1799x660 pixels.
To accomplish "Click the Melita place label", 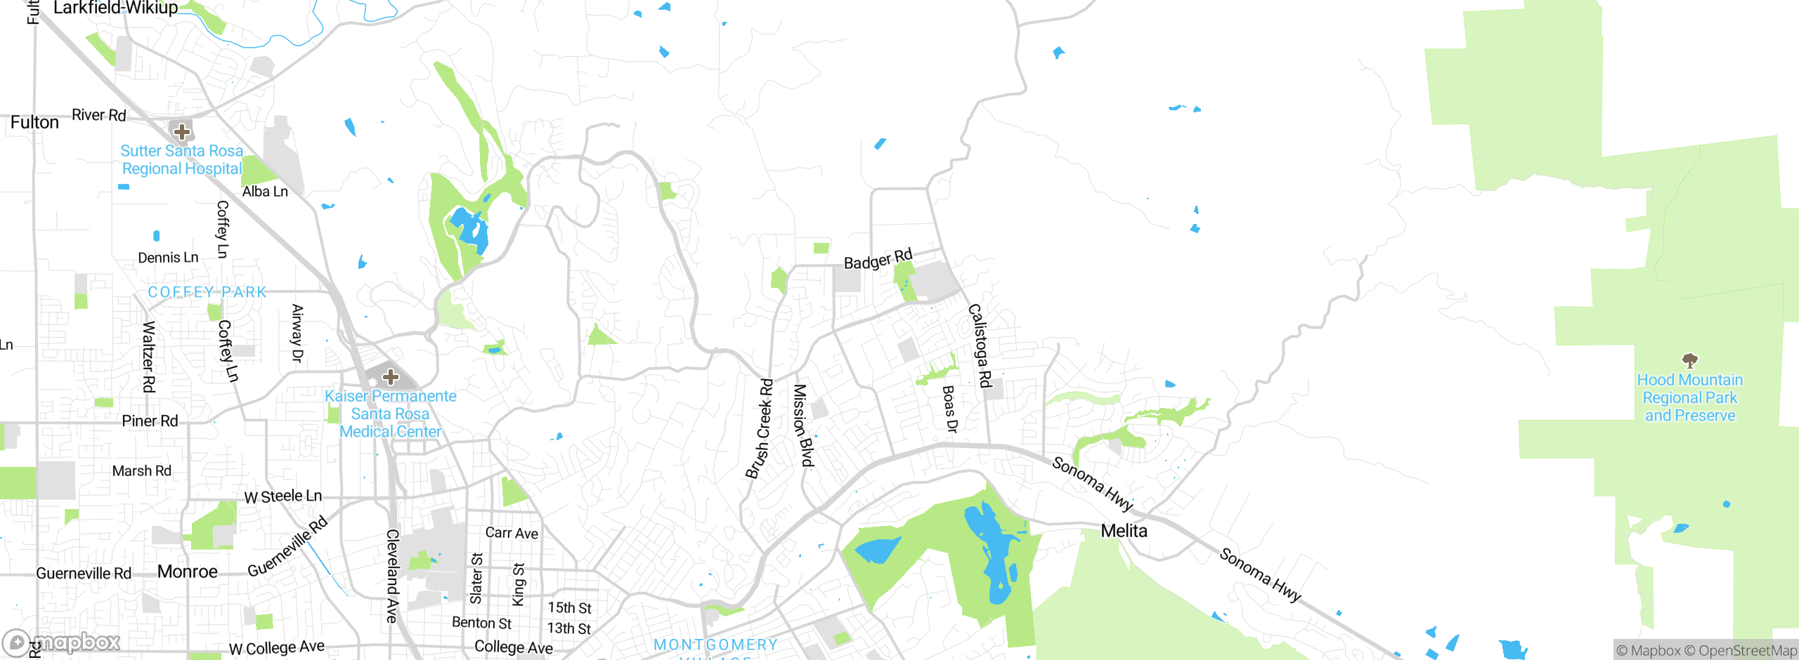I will (1124, 531).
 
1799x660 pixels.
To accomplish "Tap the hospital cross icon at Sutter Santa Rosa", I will (182, 131).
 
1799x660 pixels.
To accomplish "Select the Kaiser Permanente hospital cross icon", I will (391, 377).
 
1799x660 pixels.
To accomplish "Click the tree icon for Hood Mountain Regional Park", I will (1689, 361).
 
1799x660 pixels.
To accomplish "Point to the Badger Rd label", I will (878, 259).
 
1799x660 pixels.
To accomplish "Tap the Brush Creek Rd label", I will (760, 429).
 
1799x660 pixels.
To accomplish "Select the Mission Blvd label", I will (803, 425).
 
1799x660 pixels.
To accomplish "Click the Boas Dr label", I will (949, 409).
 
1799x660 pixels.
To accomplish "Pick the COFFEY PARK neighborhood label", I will (207, 292).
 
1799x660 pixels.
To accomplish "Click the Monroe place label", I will (187, 572).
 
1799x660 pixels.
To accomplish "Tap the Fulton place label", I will (34, 122).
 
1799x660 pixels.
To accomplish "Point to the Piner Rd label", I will (150, 421).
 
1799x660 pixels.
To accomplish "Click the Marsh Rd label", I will (141, 470).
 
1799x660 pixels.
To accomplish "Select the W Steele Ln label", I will (282, 496).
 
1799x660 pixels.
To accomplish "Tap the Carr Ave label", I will (512, 533).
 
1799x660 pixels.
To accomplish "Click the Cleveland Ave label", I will (392, 576).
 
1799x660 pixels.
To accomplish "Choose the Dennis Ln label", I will (168, 258).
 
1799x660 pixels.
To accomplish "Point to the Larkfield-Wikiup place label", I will (116, 8).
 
